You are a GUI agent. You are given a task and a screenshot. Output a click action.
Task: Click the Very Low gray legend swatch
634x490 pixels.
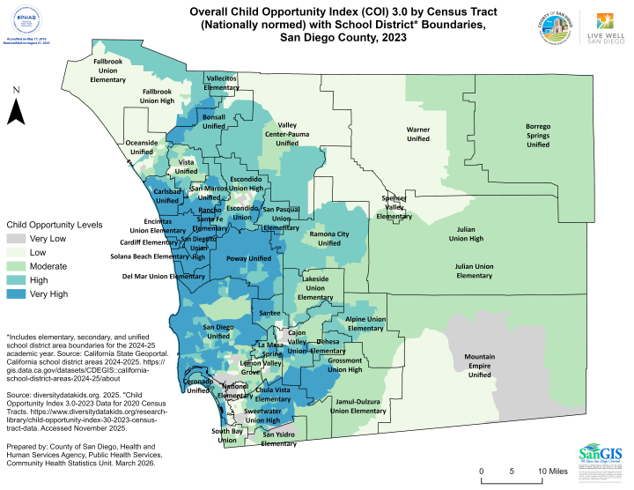tap(16, 239)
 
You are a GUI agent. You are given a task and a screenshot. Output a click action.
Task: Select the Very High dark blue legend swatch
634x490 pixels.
tap(16, 293)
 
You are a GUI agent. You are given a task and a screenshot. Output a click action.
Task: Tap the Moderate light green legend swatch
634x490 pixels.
tap(16, 266)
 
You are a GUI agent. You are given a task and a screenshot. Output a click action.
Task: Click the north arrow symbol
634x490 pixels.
tap(16, 111)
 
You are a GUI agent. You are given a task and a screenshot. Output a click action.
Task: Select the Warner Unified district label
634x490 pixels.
tap(417, 134)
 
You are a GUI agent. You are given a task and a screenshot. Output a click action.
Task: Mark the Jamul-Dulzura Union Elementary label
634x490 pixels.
tap(358, 406)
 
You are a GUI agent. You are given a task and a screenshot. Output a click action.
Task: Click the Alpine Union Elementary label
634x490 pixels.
tap(366, 323)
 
